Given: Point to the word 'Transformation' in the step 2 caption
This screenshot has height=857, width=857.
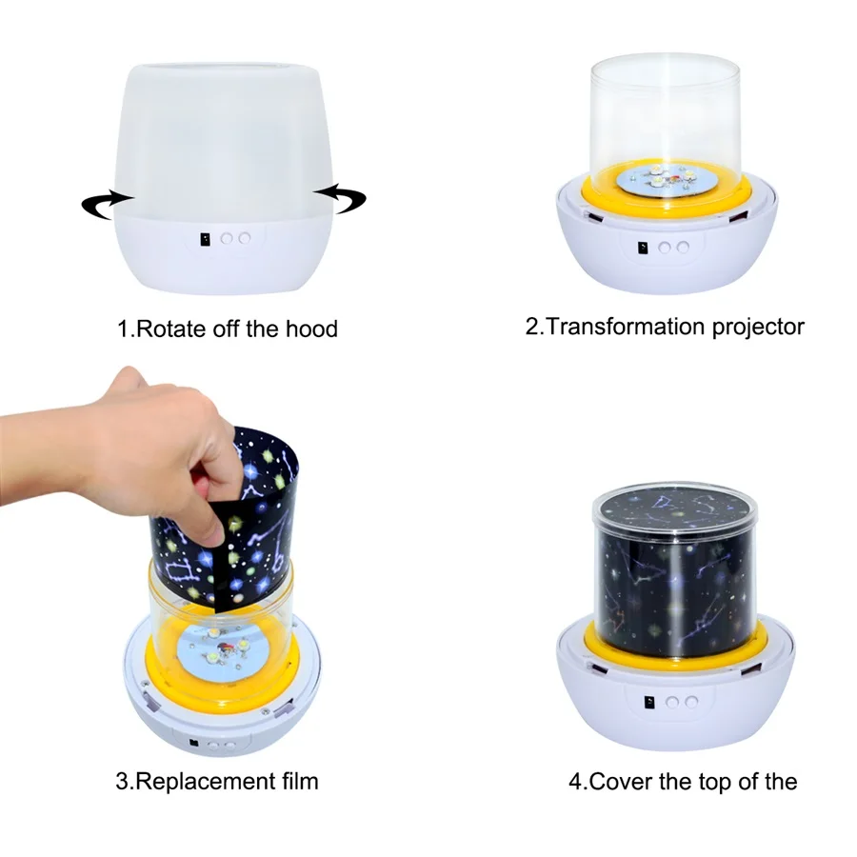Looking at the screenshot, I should [626, 328].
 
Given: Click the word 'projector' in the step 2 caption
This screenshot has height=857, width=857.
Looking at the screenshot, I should [758, 328].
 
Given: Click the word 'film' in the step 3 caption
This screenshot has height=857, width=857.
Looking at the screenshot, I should [296, 782].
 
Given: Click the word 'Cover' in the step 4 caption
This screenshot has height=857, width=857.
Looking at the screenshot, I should [620, 782].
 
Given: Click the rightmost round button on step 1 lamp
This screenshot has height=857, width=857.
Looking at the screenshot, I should [245, 239].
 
